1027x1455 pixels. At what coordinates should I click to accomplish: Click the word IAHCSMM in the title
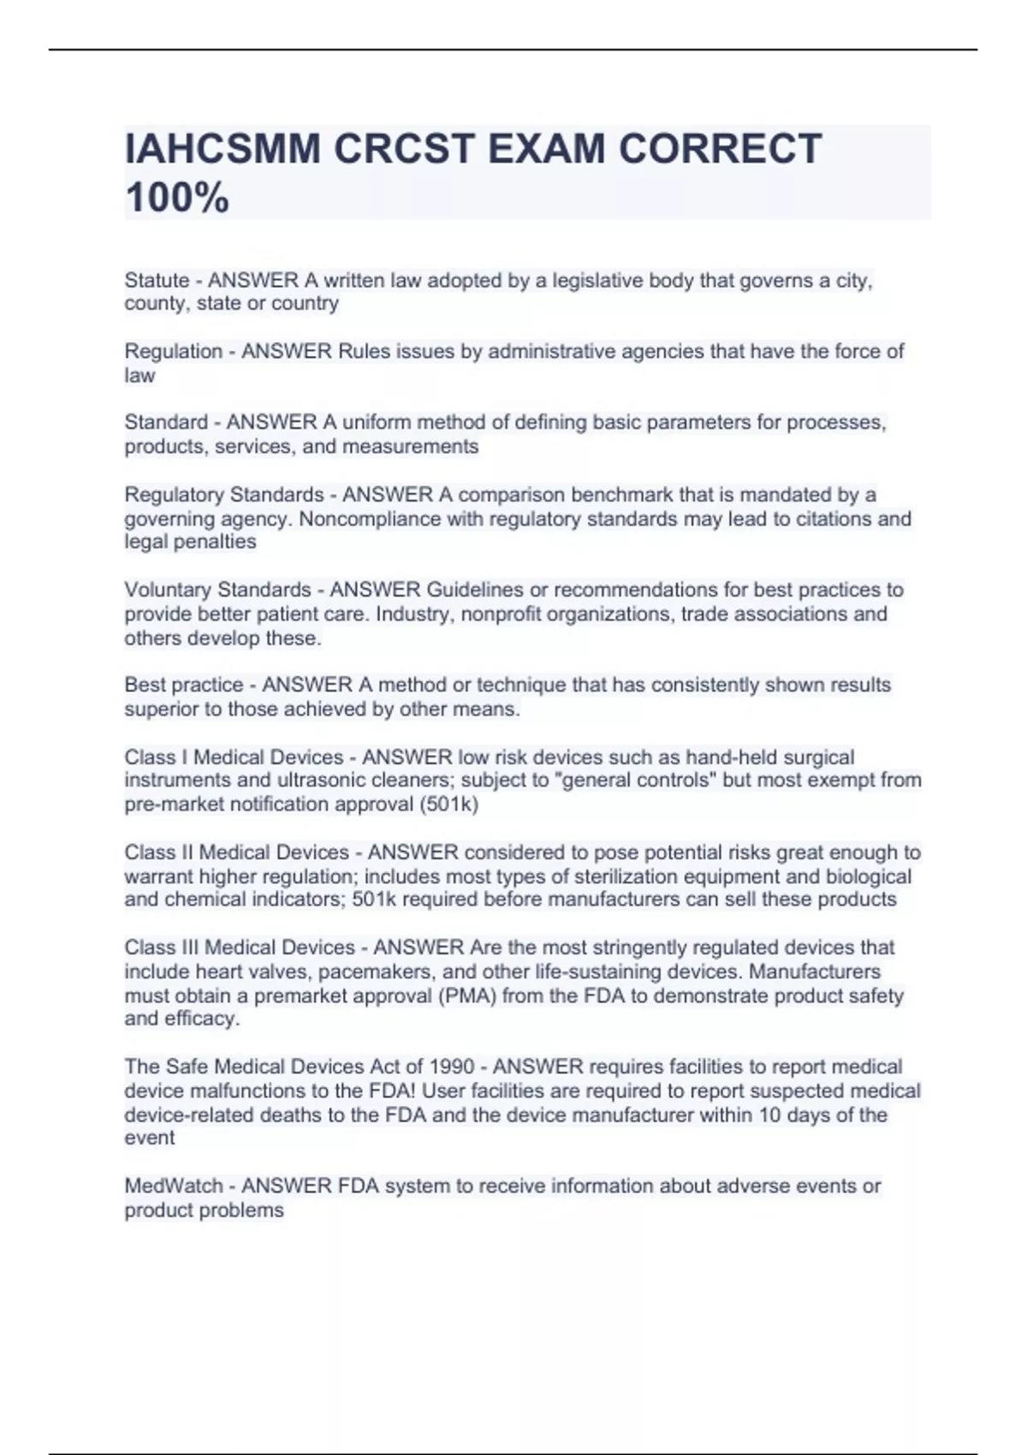coord(223,149)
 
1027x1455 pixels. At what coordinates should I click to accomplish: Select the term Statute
coord(157,280)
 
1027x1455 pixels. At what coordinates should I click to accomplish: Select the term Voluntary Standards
coord(217,590)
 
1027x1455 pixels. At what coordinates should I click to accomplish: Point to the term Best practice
coord(183,685)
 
